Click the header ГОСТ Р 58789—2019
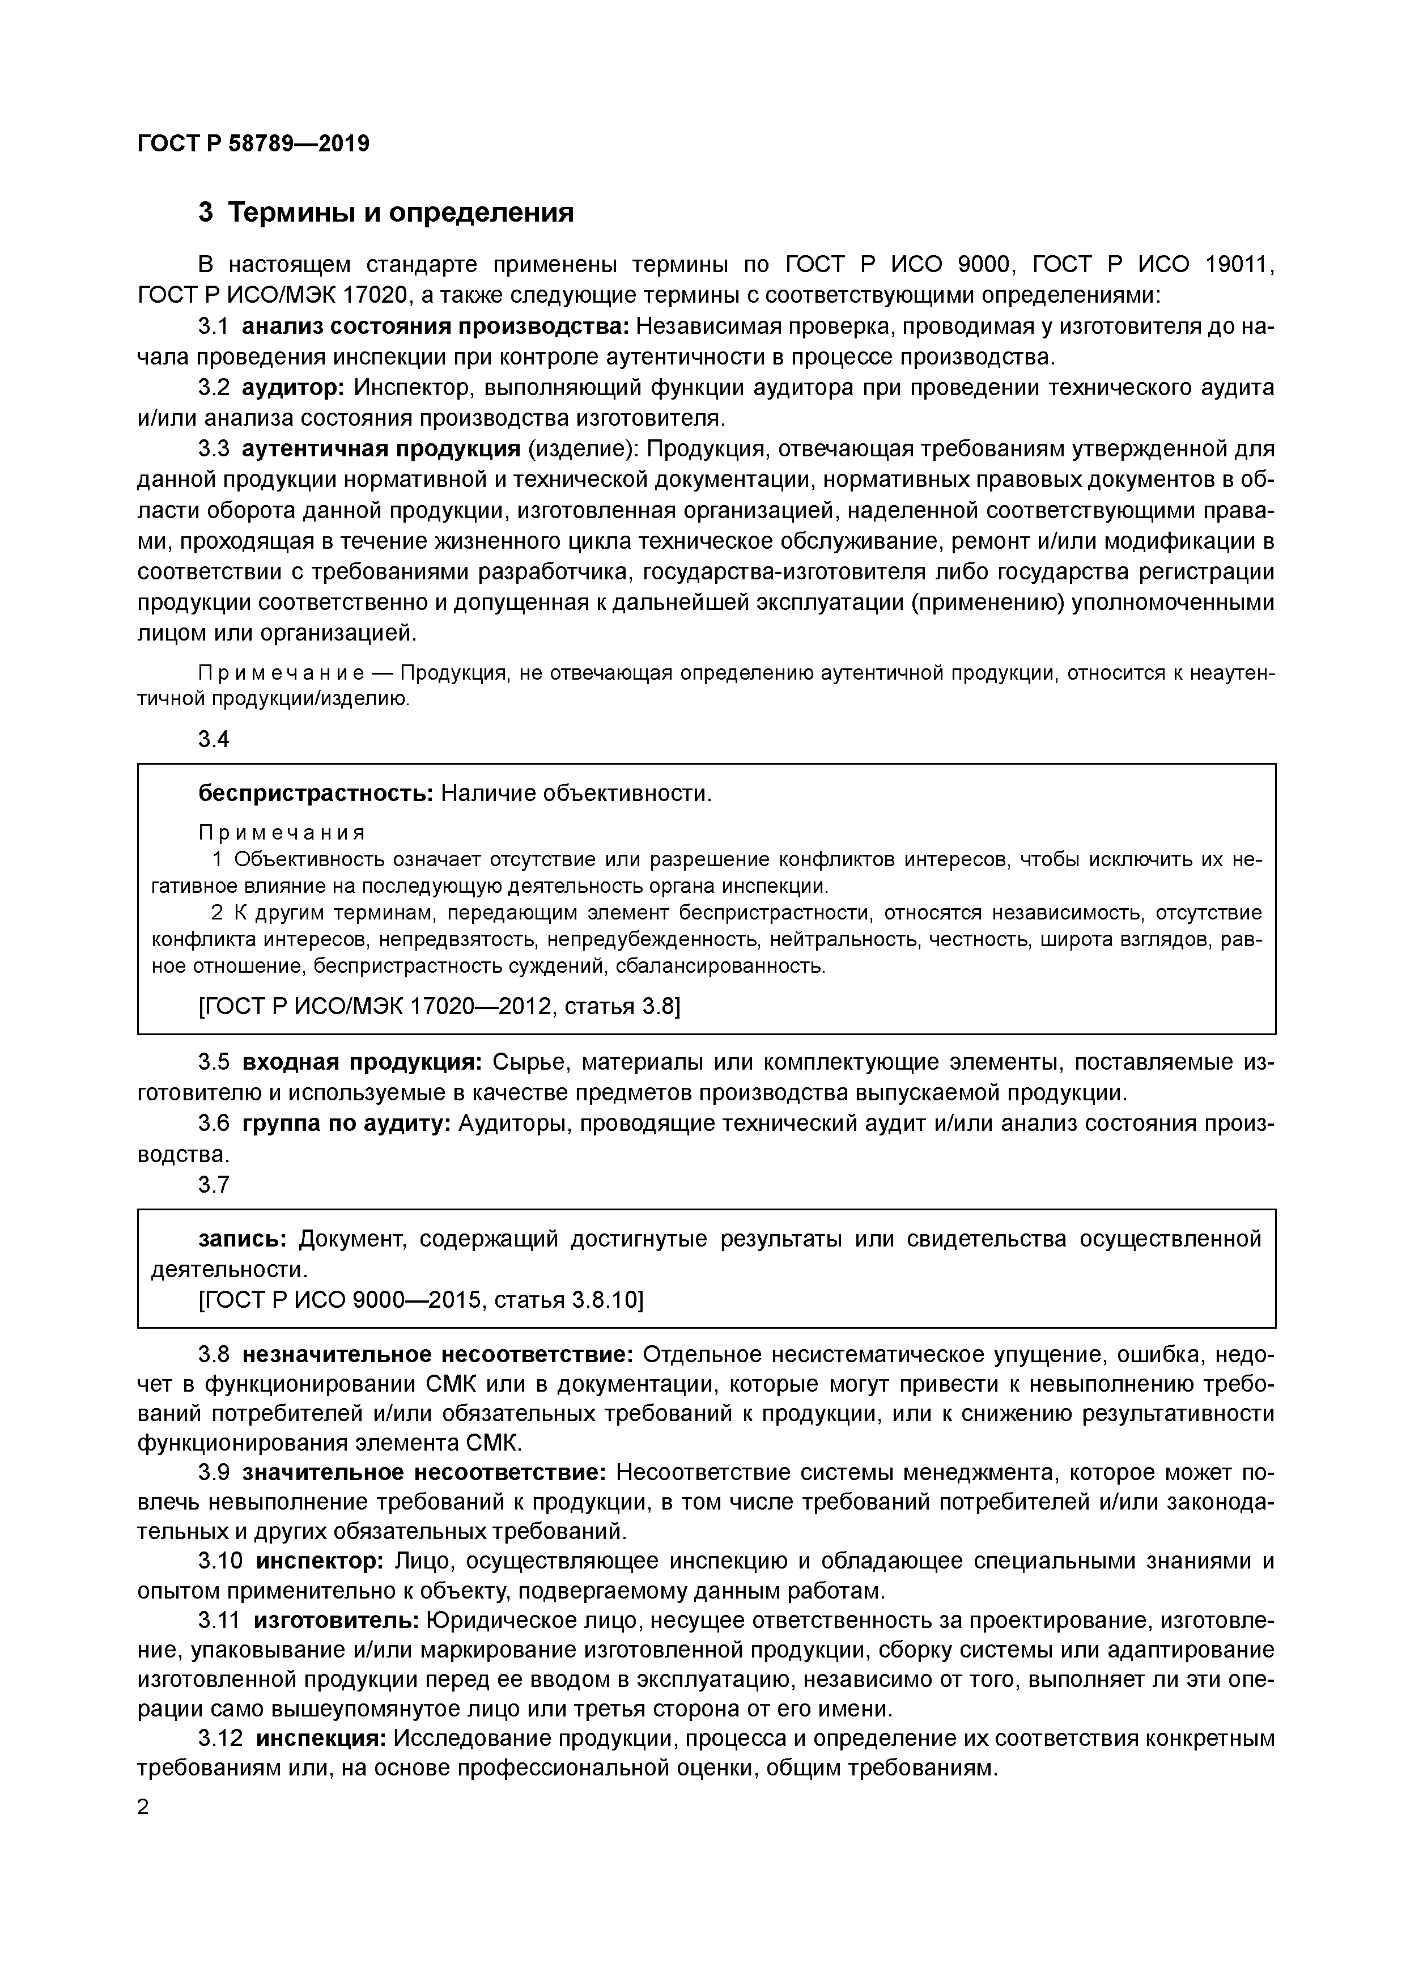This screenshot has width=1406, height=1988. coord(253,143)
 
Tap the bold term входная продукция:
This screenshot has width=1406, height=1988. coord(362,1062)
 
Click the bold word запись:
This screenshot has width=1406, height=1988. coord(243,1239)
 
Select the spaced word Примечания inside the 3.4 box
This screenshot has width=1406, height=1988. coord(282,832)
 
